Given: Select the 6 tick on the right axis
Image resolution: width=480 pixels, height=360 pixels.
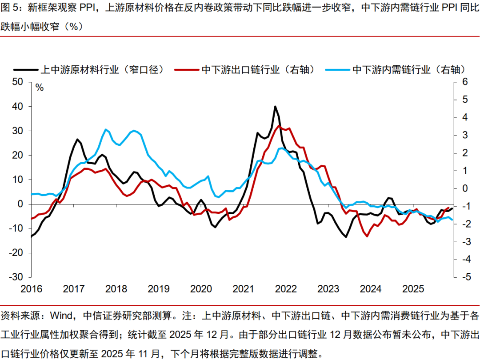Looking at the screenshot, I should tap(465, 82).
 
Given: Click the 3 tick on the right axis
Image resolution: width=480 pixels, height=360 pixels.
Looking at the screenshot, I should tap(465, 135).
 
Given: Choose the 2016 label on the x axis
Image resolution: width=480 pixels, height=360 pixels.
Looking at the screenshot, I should tap(31, 289).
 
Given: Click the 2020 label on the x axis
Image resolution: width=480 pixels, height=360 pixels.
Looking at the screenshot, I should tap(201, 289).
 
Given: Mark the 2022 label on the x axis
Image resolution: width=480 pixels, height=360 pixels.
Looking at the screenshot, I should tap(286, 289).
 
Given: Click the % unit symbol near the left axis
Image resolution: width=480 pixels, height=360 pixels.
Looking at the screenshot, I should tap(40, 88).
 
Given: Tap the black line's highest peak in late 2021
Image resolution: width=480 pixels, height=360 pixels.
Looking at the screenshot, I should tap(275, 106).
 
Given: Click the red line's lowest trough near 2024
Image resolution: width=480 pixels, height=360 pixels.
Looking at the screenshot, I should tap(367, 236).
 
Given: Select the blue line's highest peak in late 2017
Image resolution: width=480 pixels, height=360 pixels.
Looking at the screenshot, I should tap(105, 129).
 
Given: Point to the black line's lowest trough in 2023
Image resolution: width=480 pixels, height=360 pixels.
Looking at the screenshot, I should tap(346, 237).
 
